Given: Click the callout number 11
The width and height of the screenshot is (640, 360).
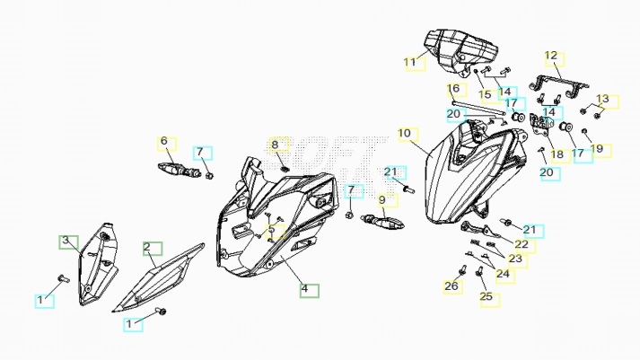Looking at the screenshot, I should (412, 63).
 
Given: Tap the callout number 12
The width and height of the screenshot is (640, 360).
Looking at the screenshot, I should (551, 57).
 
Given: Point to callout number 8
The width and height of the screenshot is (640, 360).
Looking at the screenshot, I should (276, 145).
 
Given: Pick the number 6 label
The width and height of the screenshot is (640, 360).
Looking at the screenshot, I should (164, 142).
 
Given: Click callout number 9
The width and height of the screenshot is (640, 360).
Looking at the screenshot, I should (381, 200).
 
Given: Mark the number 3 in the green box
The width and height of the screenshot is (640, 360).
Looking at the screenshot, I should (65, 241).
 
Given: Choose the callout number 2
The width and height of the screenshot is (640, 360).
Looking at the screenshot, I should (147, 247).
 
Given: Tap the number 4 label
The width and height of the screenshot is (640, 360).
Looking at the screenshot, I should (304, 289).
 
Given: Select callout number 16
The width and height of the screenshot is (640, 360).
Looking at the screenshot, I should (453, 89).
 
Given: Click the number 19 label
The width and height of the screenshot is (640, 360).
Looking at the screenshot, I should (597, 149).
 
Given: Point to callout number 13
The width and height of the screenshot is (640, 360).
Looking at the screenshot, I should (602, 99).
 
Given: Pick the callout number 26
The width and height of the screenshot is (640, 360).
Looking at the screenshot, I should (451, 286).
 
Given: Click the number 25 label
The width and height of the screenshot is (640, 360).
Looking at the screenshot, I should (486, 296).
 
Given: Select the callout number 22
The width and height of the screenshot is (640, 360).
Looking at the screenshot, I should (521, 244).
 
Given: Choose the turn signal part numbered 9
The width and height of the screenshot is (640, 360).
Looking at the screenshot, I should (383, 218).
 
